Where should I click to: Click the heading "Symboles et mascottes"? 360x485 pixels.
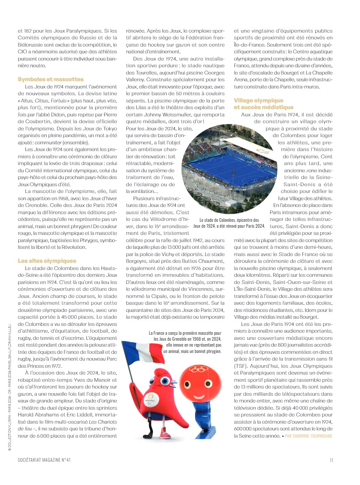click(50, 79)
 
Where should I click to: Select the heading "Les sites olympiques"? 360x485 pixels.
click(47, 261)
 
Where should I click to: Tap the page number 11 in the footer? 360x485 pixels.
click(332, 460)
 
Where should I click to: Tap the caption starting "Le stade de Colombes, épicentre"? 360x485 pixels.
click(229, 223)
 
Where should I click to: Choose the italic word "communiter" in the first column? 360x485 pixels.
click(47, 143)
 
